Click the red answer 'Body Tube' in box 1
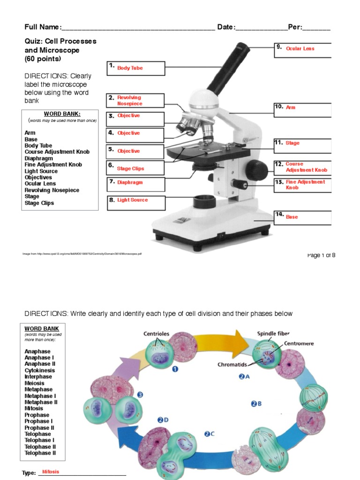[x=130, y=68]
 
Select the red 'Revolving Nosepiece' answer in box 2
[x=129, y=100]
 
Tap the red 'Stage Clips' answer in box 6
[x=130, y=169]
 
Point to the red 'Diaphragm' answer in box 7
[x=130, y=182]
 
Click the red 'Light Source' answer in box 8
[x=132, y=200]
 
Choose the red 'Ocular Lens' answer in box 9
[x=300, y=49]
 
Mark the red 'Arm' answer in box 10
[x=291, y=107]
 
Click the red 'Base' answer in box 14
[x=292, y=217]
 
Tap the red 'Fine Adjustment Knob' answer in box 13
[x=305, y=185]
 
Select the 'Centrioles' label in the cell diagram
[x=156, y=334]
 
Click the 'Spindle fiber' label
[x=273, y=334]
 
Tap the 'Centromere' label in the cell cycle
[x=299, y=344]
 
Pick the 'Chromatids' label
[x=232, y=364]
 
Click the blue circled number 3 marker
[x=140, y=395]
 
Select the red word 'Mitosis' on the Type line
[x=51, y=472]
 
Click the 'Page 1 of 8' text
[x=321, y=255]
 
